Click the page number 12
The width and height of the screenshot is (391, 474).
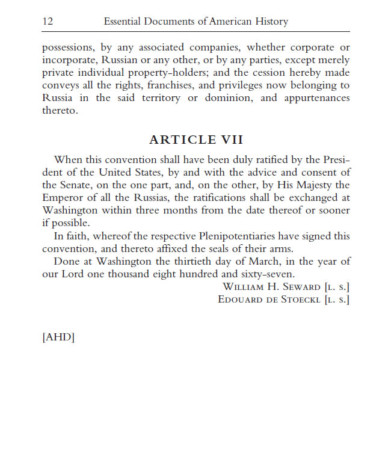(48, 22)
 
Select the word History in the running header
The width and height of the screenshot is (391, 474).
(269, 22)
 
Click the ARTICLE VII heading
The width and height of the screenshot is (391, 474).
(196, 140)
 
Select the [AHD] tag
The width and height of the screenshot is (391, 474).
(58, 337)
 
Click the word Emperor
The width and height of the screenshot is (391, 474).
(63, 198)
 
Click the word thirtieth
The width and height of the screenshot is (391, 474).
(194, 262)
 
